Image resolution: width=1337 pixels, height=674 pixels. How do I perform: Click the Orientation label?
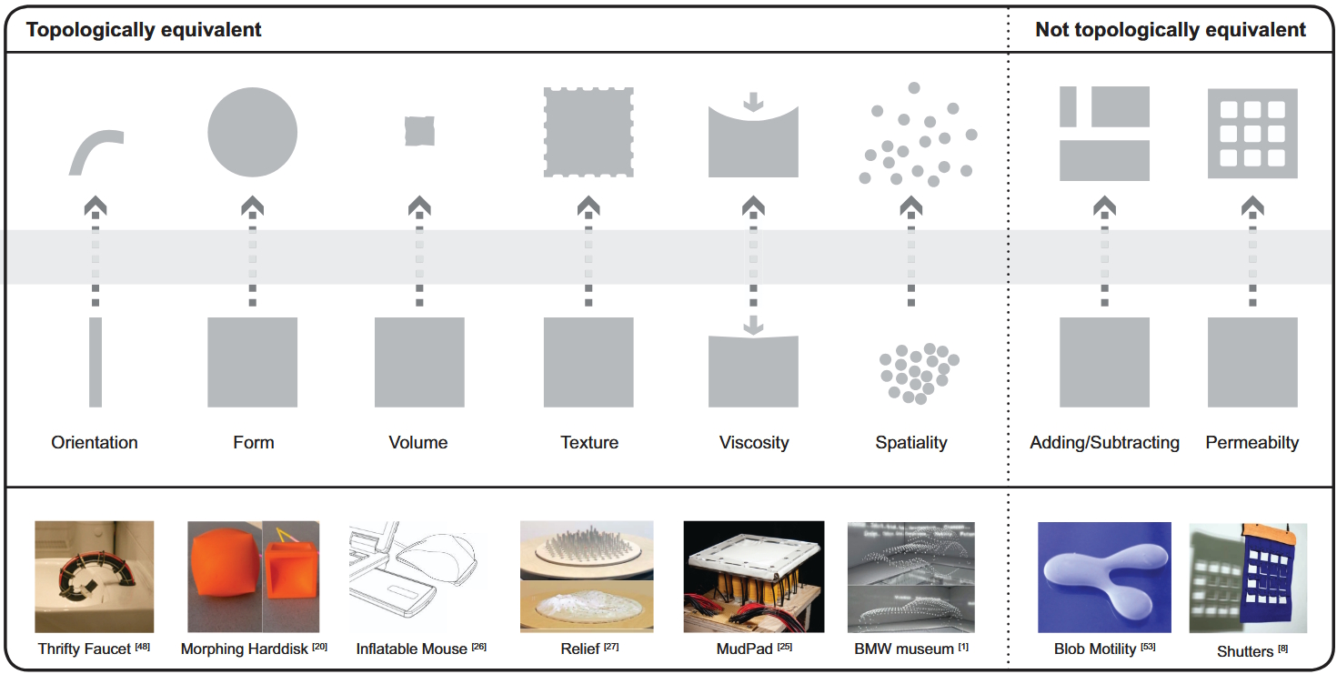pyautogui.click(x=95, y=443)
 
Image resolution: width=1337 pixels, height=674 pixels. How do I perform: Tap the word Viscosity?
pyautogui.click(x=754, y=443)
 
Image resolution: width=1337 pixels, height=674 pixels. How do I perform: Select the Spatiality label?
pyautogui.click(x=911, y=443)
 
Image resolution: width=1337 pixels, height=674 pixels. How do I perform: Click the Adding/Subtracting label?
pyautogui.click(x=1104, y=443)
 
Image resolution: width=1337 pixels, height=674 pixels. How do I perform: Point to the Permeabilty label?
pyautogui.click(x=1252, y=443)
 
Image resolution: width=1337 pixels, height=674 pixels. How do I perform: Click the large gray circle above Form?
pyautogui.click(x=253, y=132)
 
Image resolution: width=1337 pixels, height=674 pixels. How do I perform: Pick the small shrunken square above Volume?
pyautogui.click(x=419, y=131)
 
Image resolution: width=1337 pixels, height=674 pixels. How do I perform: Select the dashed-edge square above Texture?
pyautogui.click(x=588, y=132)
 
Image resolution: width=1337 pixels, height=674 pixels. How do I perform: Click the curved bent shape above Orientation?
pyautogui.click(x=95, y=150)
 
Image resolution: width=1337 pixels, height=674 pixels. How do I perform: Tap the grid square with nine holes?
pyautogui.click(x=1252, y=133)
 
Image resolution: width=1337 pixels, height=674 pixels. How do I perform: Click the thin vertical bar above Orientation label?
pyautogui.click(x=95, y=362)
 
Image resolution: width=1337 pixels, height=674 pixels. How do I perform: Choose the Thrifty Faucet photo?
pyautogui.click(x=95, y=577)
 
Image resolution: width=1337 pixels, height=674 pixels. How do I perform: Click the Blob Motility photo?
pyautogui.click(x=1104, y=577)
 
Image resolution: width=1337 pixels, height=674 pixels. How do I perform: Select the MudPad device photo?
pyautogui.click(x=754, y=577)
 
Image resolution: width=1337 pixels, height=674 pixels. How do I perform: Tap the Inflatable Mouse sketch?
pyautogui.click(x=418, y=577)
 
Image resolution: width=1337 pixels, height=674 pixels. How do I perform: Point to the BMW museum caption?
pyautogui.click(x=904, y=649)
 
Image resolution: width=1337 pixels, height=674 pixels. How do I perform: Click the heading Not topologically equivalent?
pyautogui.click(x=1171, y=30)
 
